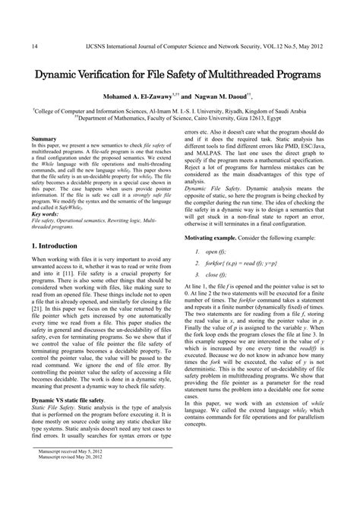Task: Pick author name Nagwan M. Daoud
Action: [x=226, y=98]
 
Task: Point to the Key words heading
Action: [x=46, y=214]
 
